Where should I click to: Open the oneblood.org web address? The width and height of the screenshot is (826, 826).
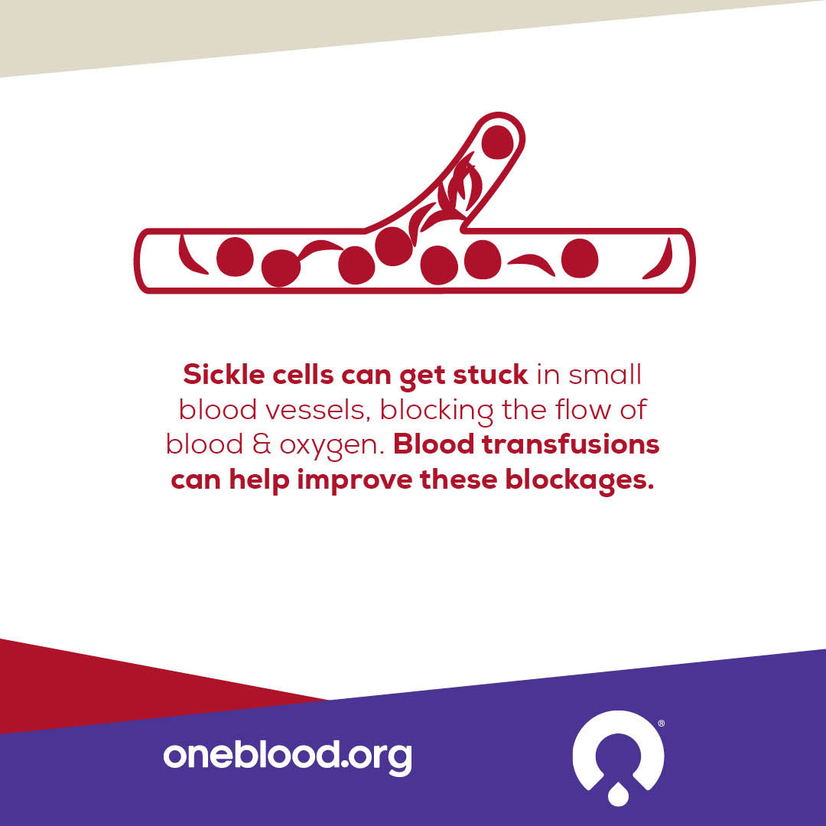[x=287, y=756]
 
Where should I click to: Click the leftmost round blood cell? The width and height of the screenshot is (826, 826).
[x=235, y=257]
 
